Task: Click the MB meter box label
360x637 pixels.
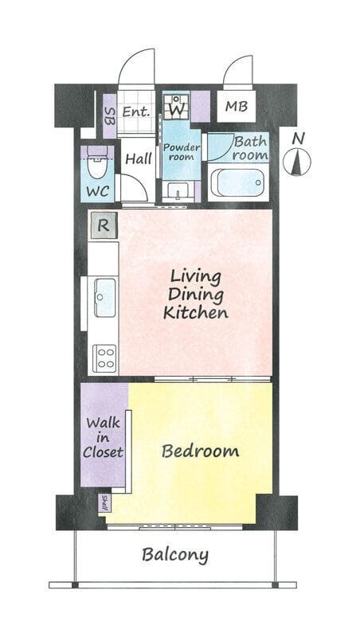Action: pos(237,106)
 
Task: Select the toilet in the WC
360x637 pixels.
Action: pos(97,163)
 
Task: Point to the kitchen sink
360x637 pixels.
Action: pos(105,297)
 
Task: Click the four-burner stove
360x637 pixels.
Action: pos(104,358)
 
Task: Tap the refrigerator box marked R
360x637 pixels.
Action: pos(104,225)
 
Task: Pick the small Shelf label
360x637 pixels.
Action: pos(104,503)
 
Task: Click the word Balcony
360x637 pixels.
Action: pos(175,555)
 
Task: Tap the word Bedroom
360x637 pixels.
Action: pos(200,451)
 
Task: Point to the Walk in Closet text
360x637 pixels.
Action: pos(104,437)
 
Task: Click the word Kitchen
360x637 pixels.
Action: pos(195,312)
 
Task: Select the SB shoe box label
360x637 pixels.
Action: pos(110,115)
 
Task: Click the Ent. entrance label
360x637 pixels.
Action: pos(136,111)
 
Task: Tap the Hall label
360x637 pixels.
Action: pos(139,158)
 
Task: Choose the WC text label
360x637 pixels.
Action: pos(97,190)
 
